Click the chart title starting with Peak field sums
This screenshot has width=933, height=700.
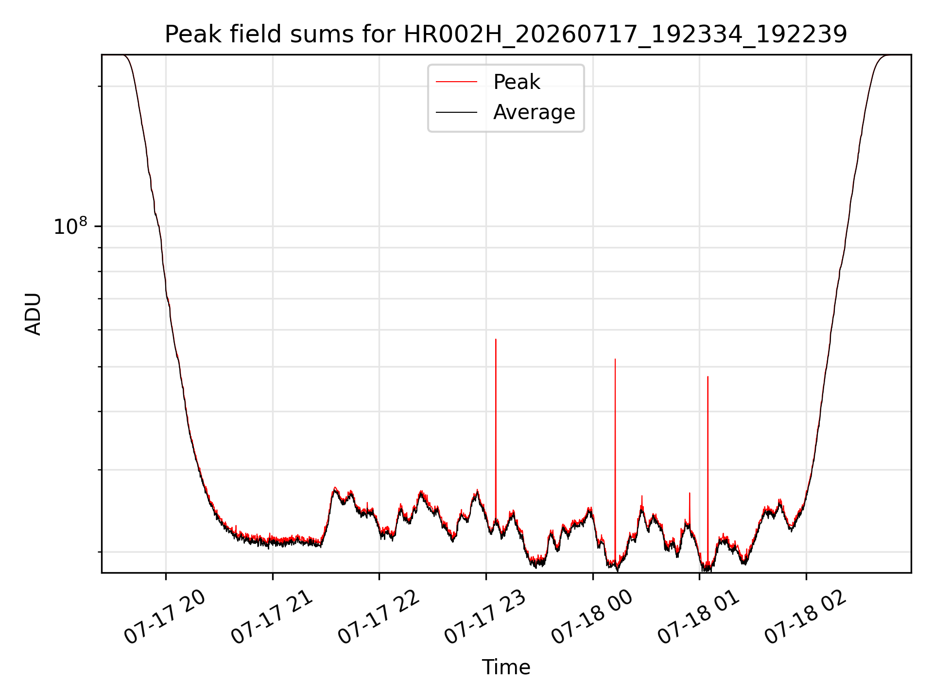pyautogui.click(x=506, y=35)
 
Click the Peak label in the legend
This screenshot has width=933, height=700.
pyautogui.click(x=516, y=82)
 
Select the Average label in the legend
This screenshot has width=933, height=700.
pyautogui.click(x=534, y=112)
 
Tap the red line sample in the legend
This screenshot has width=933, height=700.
pyautogui.click(x=456, y=82)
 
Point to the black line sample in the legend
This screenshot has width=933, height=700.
pyautogui.click(x=456, y=112)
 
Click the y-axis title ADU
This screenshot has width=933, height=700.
pyautogui.click(x=33, y=314)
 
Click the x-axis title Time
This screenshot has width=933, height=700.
pyautogui.click(x=506, y=667)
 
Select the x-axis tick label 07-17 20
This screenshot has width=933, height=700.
pyautogui.click(x=165, y=617)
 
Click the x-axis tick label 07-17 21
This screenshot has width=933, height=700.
pyautogui.click(x=272, y=617)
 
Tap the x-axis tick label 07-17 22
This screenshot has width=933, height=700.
pyautogui.click(x=379, y=617)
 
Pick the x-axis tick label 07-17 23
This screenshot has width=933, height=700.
pyautogui.click(x=485, y=617)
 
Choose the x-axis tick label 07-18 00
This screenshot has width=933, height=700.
pyautogui.click(x=592, y=617)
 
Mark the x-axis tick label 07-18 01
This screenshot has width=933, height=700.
pyautogui.click(x=699, y=617)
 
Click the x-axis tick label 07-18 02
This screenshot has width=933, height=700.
pyautogui.click(x=806, y=617)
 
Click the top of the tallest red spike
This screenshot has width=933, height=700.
pyautogui.click(x=496, y=339)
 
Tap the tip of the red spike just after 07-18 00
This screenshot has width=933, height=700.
pyautogui.click(x=615, y=359)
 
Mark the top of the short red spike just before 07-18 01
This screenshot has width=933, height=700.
pyautogui.click(x=690, y=493)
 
